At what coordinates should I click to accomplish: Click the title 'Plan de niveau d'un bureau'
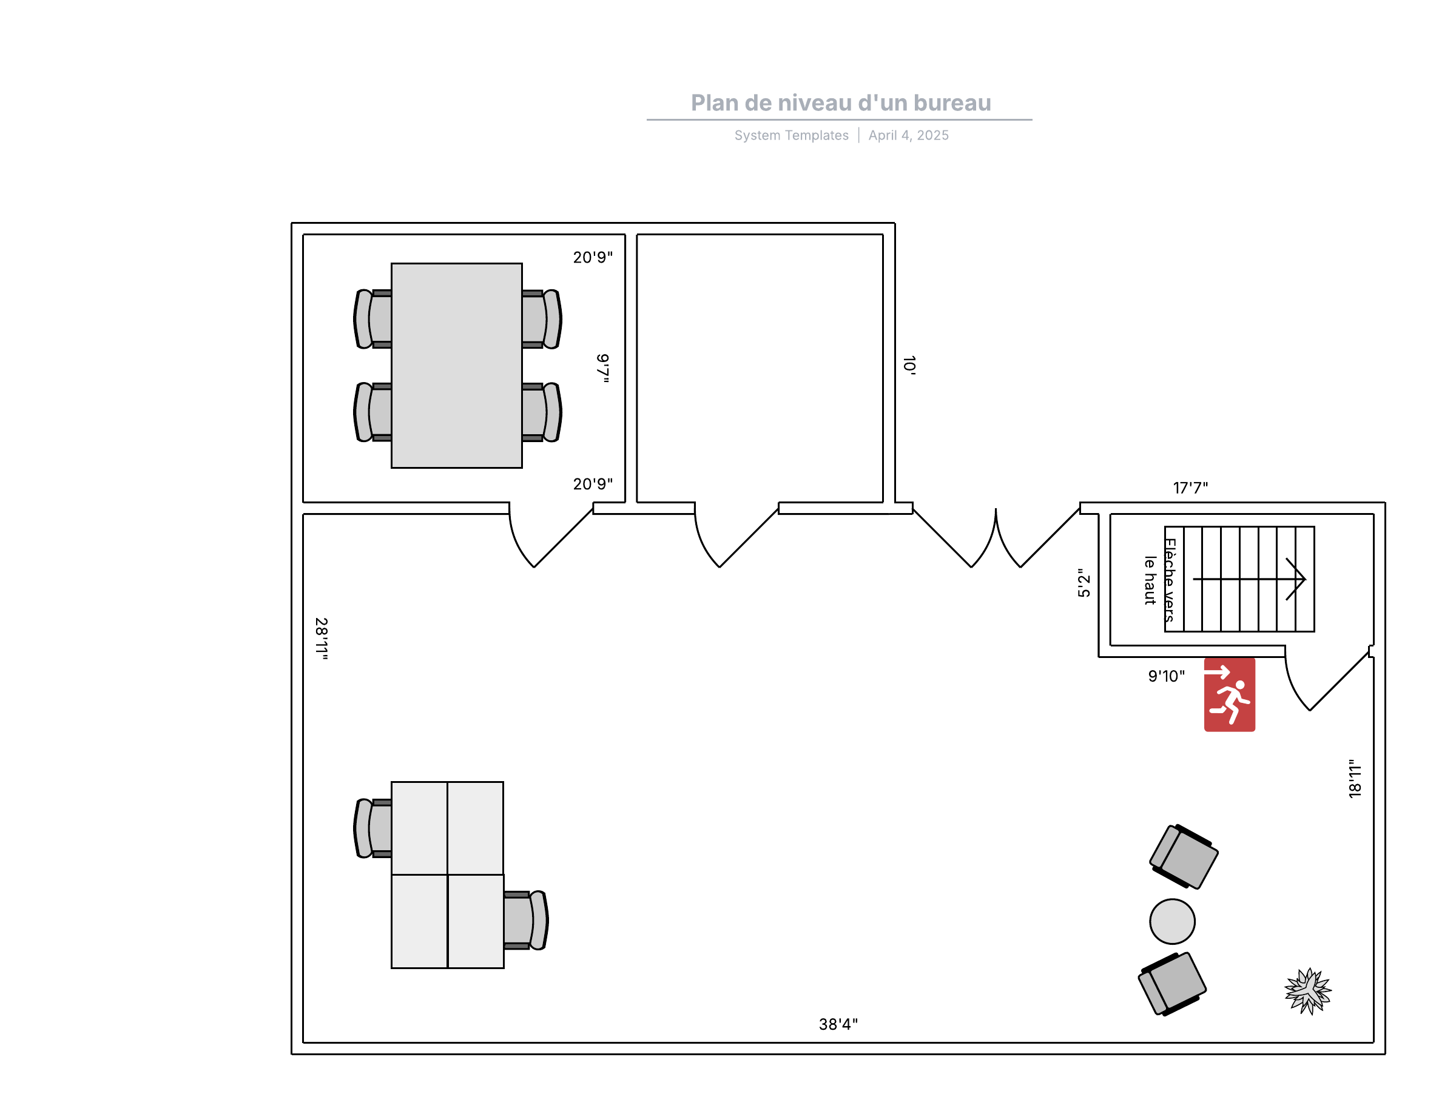pyautogui.click(x=841, y=102)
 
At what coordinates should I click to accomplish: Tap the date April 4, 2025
pyautogui.click(x=908, y=135)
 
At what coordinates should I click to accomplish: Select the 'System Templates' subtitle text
pyautogui.click(x=791, y=135)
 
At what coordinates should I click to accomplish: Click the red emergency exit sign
pyautogui.click(x=1229, y=694)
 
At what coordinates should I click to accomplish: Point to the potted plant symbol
pyautogui.click(x=1308, y=991)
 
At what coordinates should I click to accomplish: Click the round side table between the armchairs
pyautogui.click(x=1172, y=921)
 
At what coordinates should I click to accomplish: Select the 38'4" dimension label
pyautogui.click(x=838, y=1024)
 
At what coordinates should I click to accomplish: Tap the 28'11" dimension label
pyautogui.click(x=322, y=639)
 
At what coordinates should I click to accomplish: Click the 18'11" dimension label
pyautogui.click(x=1355, y=778)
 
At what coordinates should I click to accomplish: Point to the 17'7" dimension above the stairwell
pyautogui.click(x=1190, y=488)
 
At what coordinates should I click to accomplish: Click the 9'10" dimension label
pyautogui.click(x=1166, y=676)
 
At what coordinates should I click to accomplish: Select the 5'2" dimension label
pyautogui.click(x=1084, y=583)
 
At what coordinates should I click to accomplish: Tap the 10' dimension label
pyautogui.click(x=909, y=365)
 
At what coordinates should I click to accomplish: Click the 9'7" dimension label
pyautogui.click(x=602, y=368)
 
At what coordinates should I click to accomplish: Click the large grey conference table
pyautogui.click(x=456, y=366)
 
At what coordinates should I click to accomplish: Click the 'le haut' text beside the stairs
pyautogui.click(x=1150, y=580)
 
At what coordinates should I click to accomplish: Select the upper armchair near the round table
pyautogui.click(x=1184, y=856)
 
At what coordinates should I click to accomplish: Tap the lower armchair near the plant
pyautogui.click(x=1172, y=984)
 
